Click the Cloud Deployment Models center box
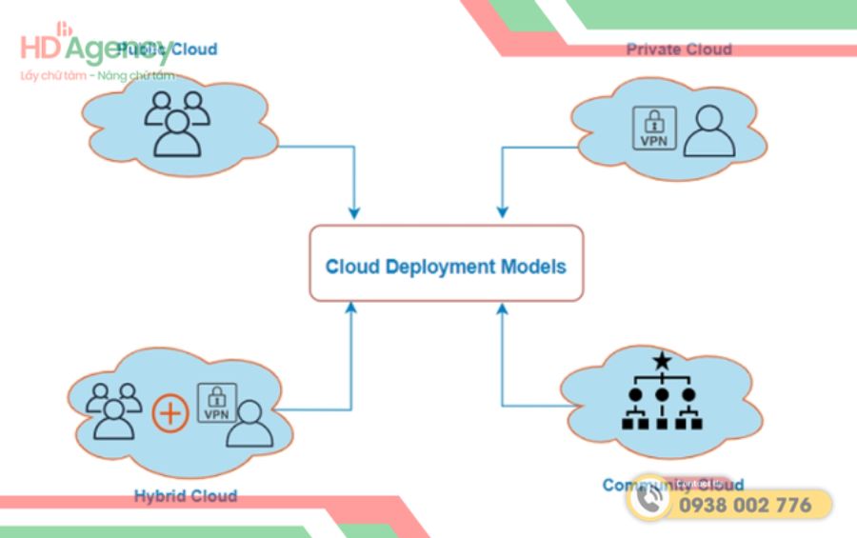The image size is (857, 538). pyautogui.click(x=446, y=264)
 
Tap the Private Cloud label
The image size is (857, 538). pyautogui.click(x=679, y=50)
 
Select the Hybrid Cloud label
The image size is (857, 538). pyautogui.click(x=186, y=495)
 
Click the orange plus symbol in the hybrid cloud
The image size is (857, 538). pyautogui.click(x=170, y=414)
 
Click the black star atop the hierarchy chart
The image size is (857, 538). pyautogui.click(x=661, y=362)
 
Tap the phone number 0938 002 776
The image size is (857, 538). pyautogui.click(x=745, y=505)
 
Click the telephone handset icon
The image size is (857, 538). pyautogui.click(x=650, y=504)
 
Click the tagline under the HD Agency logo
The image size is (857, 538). pyautogui.click(x=98, y=75)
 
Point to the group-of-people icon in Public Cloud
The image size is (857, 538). pyautogui.click(x=176, y=122)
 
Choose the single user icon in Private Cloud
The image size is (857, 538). pyautogui.click(x=709, y=130)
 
